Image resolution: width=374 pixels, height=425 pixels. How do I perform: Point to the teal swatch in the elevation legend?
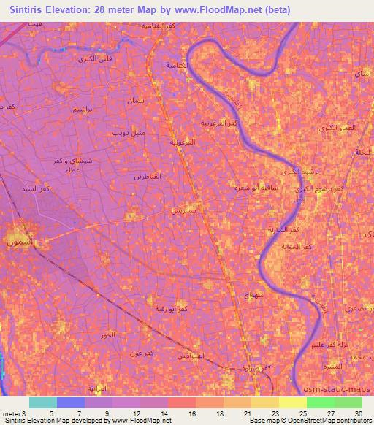tap(42, 402)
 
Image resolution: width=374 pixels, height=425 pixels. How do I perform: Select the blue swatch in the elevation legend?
tap(71, 402)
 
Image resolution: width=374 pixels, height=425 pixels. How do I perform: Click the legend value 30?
tap(358, 413)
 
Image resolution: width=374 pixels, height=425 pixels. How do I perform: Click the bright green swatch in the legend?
tap(320, 402)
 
